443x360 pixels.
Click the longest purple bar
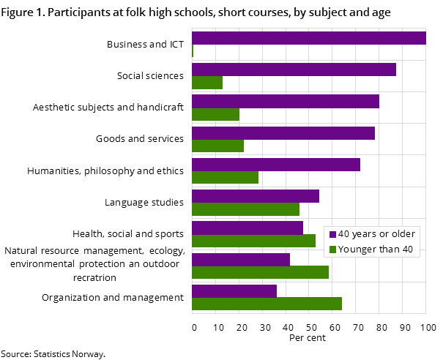[x=308, y=38]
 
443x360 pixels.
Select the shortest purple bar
[x=234, y=291]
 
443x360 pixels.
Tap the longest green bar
[x=267, y=304]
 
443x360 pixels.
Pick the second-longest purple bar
[x=294, y=70]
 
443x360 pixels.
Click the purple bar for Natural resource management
[x=241, y=260]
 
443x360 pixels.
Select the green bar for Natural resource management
[x=260, y=272]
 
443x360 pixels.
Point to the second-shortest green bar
[x=207, y=83]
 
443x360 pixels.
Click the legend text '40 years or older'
[x=376, y=234]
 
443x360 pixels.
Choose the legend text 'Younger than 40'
[x=376, y=250]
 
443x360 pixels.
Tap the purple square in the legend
[x=332, y=235]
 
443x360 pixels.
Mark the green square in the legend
[x=332, y=250]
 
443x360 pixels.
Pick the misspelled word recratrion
[x=94, y=277]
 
